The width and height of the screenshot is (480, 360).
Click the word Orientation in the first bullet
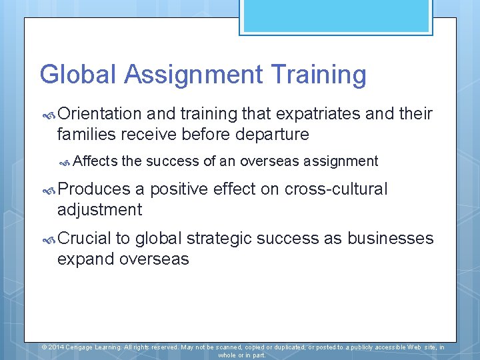99,114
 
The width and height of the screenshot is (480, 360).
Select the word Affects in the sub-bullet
95,161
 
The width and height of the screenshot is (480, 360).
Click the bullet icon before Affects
65,162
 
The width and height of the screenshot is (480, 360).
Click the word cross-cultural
336,189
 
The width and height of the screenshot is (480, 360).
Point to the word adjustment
99,210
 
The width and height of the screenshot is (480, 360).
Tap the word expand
86,259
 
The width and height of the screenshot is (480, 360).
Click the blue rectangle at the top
335,16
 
